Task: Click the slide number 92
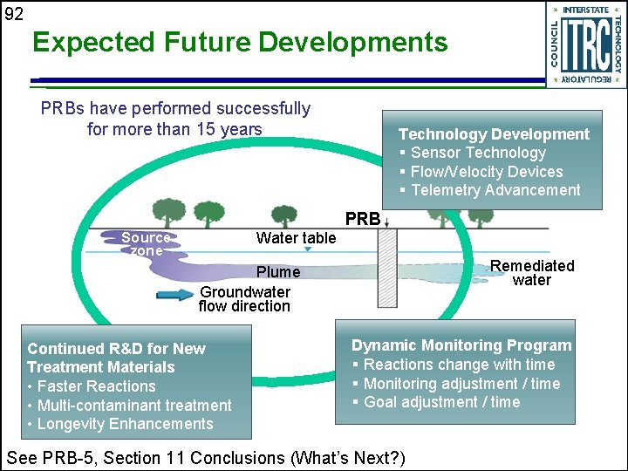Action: click(14, 13)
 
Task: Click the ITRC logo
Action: click(585, 44)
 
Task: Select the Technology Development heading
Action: click(494, 134)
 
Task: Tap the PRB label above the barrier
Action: click(363, 219)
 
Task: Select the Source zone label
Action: click(146, 243)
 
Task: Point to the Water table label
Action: click(296, 238)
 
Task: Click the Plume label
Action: click(278, 272)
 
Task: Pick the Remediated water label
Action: click(532, 273)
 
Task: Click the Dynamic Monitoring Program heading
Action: click(461, 345)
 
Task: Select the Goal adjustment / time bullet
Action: click(441, 402)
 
